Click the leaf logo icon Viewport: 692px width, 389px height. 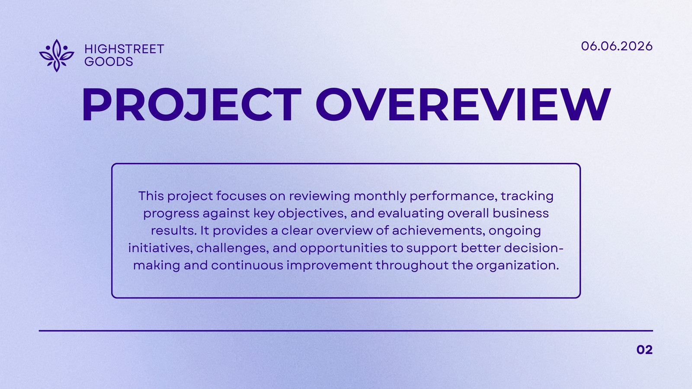coord(57,56)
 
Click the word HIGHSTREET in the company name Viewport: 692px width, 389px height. coord(124,49)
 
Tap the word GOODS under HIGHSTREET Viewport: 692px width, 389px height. coord(109,62)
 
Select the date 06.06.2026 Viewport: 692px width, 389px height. coord(617,46)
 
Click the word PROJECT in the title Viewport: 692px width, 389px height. coord(192,105)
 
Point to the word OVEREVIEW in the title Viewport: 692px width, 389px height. coord(463,105)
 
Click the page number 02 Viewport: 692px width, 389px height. coord(644,350)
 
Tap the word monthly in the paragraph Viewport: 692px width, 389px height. coord(380,196)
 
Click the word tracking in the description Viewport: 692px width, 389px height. coord(527,197)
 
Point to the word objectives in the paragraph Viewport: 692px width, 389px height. coord(312,214)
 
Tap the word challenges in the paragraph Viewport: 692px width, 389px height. coord(232,248)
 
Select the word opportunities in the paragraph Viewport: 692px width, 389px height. coord(343,249)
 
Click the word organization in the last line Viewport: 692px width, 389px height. coord(517,266)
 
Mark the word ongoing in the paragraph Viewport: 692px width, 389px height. coord(515,231)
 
